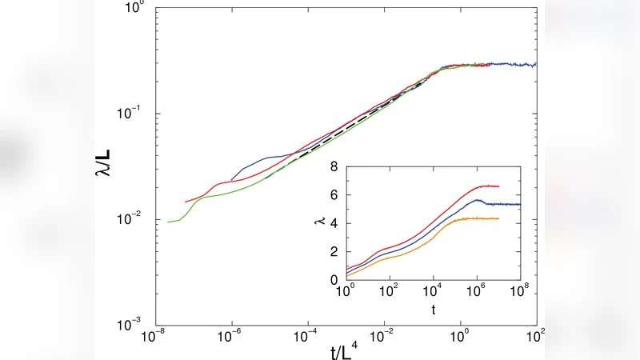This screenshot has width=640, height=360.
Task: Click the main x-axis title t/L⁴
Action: click(x=345, y=348)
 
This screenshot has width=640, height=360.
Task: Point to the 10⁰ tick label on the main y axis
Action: click(x=133, y=8)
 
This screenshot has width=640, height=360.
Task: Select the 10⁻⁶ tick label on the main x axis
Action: click(x=231, y=336)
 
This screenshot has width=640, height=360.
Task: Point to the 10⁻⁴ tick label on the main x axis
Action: click(x=307, y=336)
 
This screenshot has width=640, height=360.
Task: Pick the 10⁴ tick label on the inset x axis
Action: click(x=433, y=292)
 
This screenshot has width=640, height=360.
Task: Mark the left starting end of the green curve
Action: click(x=167, y=222)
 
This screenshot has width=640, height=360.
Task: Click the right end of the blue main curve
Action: click(x=535, y=64)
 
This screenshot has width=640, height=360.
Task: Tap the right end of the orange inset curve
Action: click(x=498, y=218)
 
